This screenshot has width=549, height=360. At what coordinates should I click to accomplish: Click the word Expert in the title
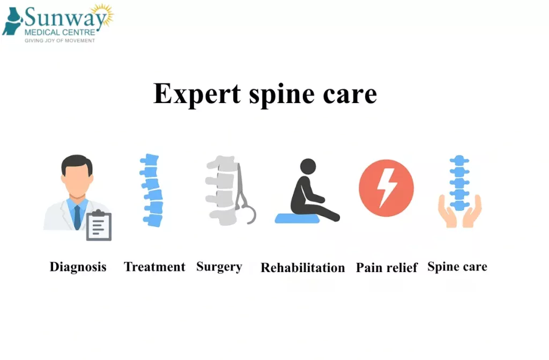click(197, 93)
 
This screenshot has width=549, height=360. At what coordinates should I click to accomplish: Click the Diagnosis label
click(78, 267)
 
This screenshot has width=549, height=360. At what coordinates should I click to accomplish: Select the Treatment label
click(154, 267)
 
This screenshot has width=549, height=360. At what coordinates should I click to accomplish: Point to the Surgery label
click(219, 267)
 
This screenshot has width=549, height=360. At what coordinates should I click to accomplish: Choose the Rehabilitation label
click(303, 268)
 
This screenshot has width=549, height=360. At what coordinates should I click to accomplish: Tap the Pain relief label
click(387, 268)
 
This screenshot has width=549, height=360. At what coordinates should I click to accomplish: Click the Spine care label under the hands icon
click(457, 267)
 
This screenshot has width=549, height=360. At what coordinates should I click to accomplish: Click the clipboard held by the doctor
click(99, 225)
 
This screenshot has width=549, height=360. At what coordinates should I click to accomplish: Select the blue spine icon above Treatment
click(152, 190)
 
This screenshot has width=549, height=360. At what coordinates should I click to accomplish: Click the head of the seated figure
click(308, 167)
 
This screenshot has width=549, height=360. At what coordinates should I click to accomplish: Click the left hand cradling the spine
click(446, 212)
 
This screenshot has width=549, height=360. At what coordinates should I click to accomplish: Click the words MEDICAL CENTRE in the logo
click(60, 33)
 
